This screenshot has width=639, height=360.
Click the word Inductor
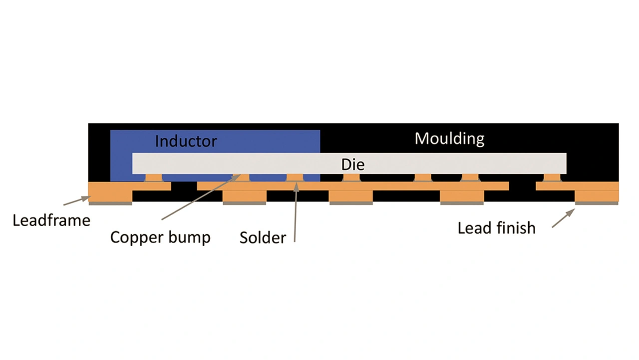point(186,141)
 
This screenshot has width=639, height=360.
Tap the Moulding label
point(449,138)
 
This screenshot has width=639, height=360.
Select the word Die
point(353,164)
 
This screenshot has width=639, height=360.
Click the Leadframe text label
point(51,220)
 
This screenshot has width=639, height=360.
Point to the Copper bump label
point(160,237)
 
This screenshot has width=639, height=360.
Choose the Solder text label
point(263,237)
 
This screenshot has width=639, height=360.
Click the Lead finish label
point(496,228)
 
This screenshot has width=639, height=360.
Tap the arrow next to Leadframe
point(76,201)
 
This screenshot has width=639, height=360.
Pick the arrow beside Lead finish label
point(563,218)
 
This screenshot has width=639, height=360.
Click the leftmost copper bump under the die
point(153,178)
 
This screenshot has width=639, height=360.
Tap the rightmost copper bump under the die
point(552,178)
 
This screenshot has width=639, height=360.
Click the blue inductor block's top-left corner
point(111,131)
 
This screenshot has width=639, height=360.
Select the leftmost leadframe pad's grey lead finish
point(110,203)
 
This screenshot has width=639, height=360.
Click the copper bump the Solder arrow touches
point(295,178)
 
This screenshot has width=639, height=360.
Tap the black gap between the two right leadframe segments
point(522,186)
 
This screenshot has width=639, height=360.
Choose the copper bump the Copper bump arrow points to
point(242,178)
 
